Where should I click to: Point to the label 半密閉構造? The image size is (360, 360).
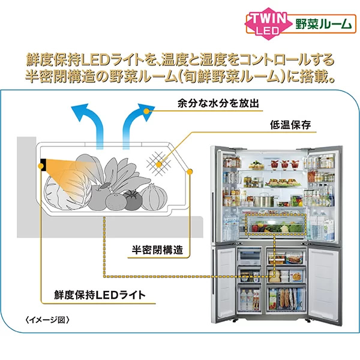[x=157, y=249]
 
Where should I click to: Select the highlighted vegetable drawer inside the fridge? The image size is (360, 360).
[x=275, y=227]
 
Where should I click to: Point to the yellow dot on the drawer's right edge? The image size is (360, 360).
[x=190, y=172]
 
